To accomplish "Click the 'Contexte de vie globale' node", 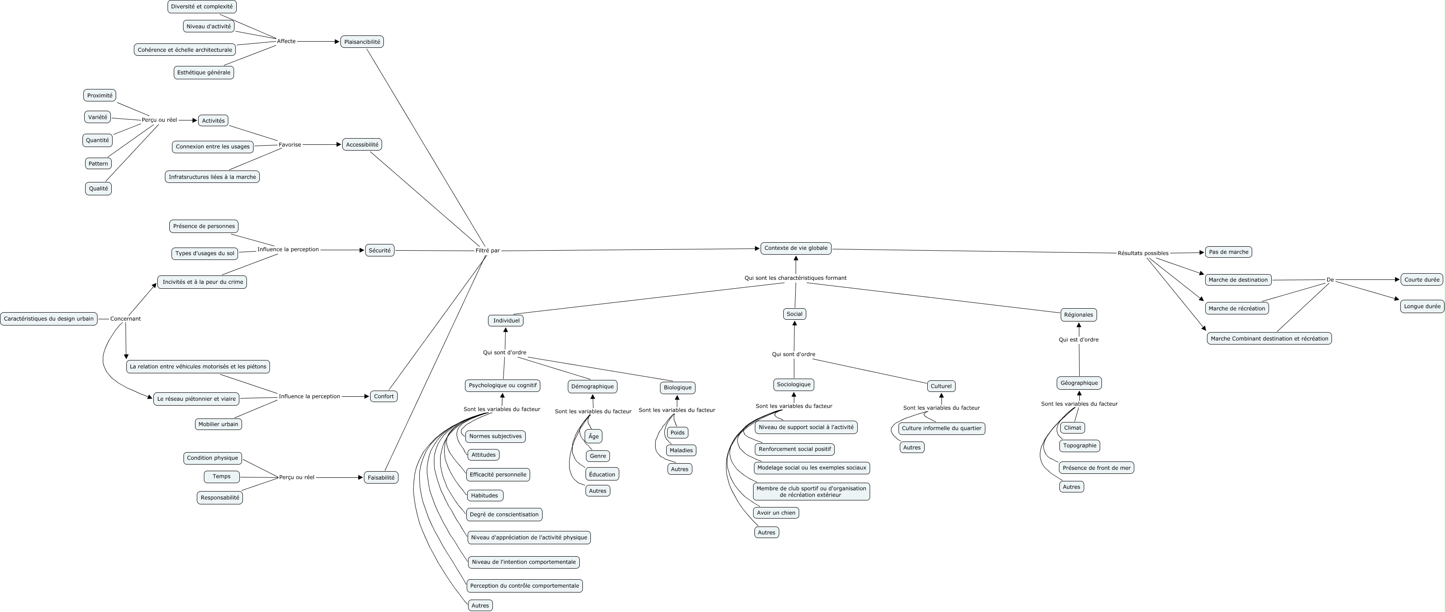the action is click(796, 248).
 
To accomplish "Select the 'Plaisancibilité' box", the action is click(362, 42).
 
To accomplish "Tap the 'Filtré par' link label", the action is click(487, 251).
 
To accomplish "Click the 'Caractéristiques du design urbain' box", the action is click(49, 319).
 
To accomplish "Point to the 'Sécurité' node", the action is click(380, 251).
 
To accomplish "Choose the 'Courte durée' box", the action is click(1422, 280).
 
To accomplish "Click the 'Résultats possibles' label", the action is click(1143, 253).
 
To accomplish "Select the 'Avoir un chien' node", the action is click(776, 513).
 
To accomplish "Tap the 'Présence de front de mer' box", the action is click(1096, 468).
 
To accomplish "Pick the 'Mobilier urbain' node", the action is click(218, 424).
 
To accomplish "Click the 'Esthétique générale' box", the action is click(203, 72).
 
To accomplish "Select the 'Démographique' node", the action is click(592, 386).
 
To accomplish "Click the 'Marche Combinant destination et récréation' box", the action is click(1269, 338).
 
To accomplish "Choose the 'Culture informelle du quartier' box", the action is click(941, 428).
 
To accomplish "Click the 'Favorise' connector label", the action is click(290, 145).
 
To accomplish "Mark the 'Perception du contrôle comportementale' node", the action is click(524, 586).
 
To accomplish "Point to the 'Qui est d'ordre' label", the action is click(1078, 340).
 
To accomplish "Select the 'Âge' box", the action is click(594, 436).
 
